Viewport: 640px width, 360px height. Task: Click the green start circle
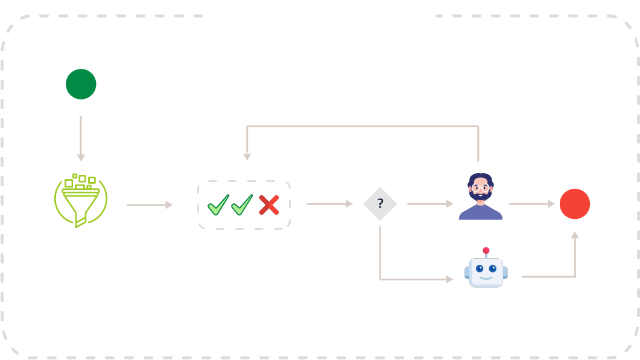point(81,84)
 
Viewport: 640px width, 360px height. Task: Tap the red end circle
point(574,204)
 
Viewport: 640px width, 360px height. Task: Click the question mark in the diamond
point(380,204)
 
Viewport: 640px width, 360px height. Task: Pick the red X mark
point(268,205)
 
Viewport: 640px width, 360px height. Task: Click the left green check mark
point(218,205)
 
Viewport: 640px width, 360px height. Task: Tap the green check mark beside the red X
point(242,205)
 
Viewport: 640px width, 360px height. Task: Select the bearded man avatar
point(480,197)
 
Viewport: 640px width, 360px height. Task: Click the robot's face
point(486,270)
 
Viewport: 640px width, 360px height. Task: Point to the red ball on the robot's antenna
point(486,250)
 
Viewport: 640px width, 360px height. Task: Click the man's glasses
point(480,188)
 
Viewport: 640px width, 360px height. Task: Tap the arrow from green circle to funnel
point(81,138)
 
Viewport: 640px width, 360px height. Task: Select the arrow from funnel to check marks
point(149,205)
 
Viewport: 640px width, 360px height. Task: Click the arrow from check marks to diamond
point(329,204)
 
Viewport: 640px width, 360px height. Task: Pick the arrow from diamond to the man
point(429,204)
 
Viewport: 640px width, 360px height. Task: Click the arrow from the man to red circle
point(531,204)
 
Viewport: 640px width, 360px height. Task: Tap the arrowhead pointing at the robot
point(449,279)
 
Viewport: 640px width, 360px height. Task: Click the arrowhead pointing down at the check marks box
point(247,156)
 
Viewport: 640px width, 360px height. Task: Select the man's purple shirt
point(480,213)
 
